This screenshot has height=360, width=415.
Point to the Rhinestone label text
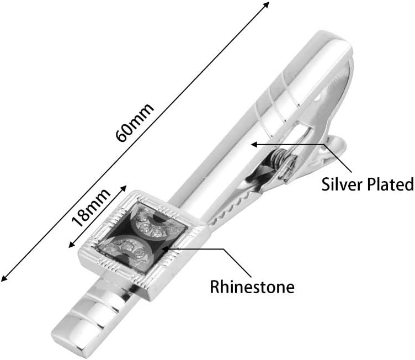click(x=252, y=287)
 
